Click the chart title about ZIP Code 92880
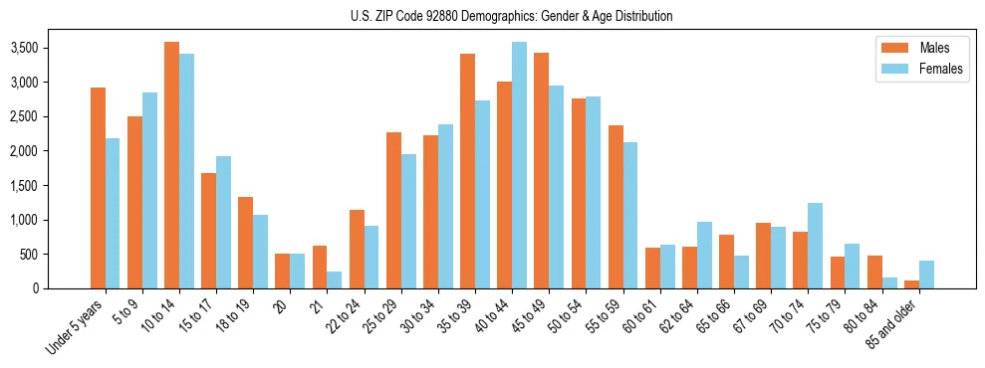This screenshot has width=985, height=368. coord(511,16)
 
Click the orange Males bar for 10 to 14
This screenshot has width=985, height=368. coord(171,165)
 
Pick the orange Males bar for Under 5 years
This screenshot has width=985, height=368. coord(98,188)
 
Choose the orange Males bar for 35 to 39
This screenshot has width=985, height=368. coord(467,171)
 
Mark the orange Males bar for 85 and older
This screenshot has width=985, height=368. coord(911,284)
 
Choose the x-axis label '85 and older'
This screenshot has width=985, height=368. coord(892,324)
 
